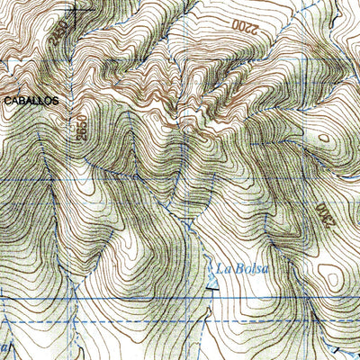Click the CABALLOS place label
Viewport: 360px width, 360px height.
click(29, 101)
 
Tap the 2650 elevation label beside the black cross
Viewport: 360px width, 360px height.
click(59, 33)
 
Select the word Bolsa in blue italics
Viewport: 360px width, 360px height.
click(253, 267)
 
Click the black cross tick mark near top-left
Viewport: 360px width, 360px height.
click(75, 10)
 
